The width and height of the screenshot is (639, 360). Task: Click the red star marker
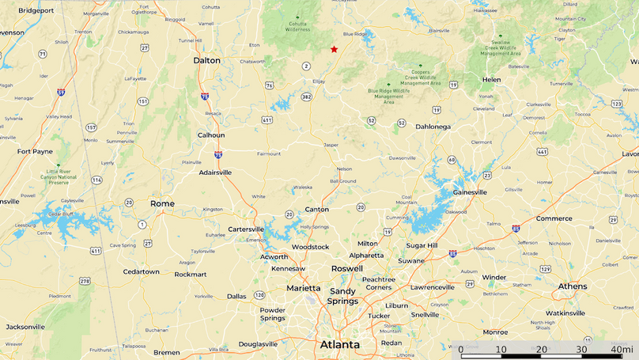[334, 50]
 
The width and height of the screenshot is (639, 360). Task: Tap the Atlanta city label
[339, 345]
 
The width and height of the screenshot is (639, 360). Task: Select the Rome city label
[162, 204]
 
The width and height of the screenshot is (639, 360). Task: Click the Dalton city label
[207, 60]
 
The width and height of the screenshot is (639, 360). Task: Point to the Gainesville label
[470, 192]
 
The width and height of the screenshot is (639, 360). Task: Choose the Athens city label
[573, 286]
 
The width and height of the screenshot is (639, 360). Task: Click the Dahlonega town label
[433, 127]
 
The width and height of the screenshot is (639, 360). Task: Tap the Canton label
[316, 210]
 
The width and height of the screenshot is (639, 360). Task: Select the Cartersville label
[246, 229]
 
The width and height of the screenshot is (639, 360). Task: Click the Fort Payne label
[35, 151]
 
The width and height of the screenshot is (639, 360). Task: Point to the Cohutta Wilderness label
[298, 25]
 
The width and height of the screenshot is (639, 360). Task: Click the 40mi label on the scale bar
[622, 350]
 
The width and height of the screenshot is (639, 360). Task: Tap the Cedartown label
[141, 271]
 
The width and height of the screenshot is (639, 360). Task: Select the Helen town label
[491, 80]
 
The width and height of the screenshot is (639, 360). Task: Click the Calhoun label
[211, 135]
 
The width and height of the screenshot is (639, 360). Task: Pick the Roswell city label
[346, 269]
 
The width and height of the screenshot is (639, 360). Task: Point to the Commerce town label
[554, 218]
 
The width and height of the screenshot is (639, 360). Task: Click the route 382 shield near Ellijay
[306, 97]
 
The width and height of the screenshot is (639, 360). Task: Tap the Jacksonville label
[25, 327]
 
